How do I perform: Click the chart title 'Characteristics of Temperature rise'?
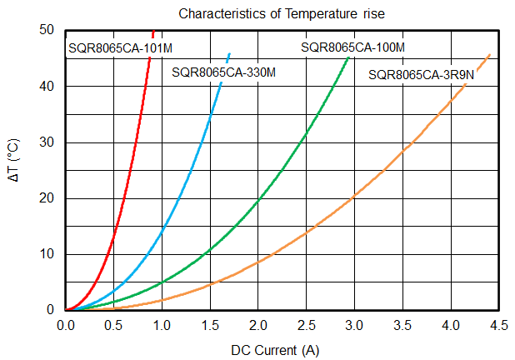click(x=282, y=14)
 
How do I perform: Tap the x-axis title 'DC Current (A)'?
click(x=275, y=351)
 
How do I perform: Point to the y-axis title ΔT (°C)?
click(x=13, y=160)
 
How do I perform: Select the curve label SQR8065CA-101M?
click(x=120, y=48)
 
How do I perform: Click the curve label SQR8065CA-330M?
click(x=223, y=72)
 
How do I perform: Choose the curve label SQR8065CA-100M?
click(x=352, y=47)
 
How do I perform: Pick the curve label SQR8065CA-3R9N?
click(x=421, y=75)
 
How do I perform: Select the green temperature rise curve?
click(x=258, y=199)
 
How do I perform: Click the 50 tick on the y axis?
click(x=47, y=30)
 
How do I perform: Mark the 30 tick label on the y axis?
click(x=47, y=142)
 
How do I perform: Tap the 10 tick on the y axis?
click(x=47, y=254)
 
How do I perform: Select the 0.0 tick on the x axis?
click(x=66, y=326)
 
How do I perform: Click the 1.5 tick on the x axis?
click(x=210, y=326)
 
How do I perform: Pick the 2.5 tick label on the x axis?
click(x=307, y=326)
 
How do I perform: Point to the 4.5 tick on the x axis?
click(x=499, y=326)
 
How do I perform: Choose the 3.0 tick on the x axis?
click(x=354, y=326)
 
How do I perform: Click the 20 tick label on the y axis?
click(x=47, y=198)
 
